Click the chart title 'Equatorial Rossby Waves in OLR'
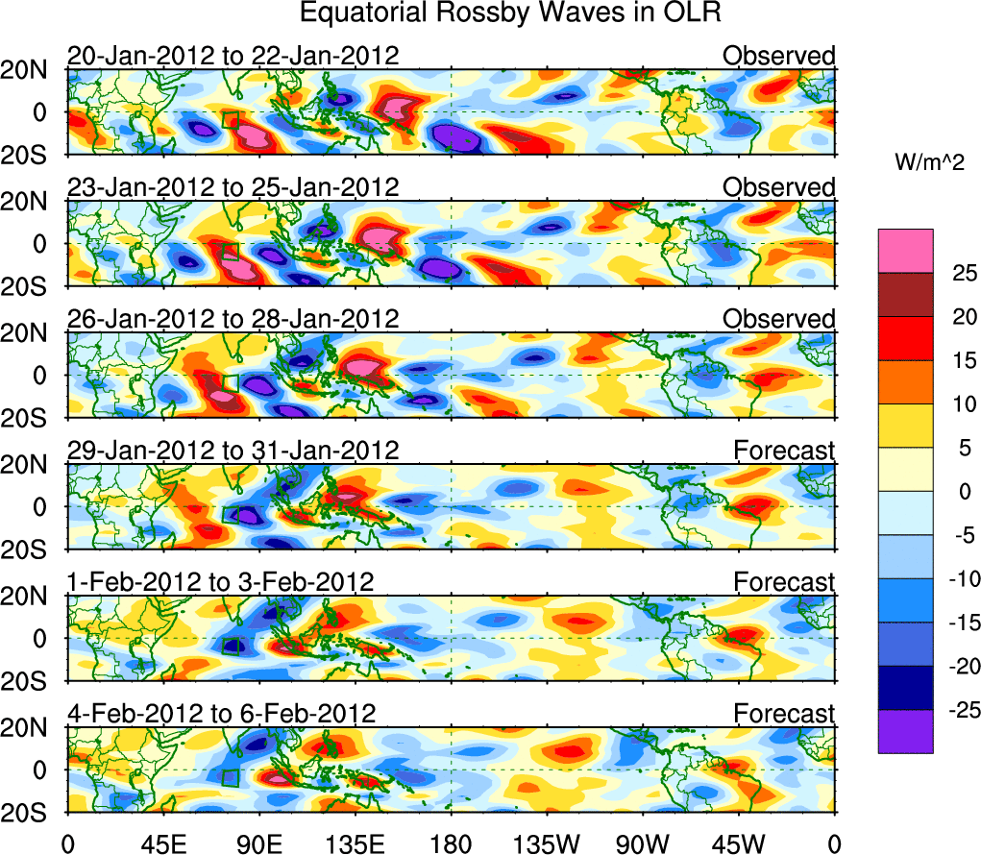(x=509, y=13)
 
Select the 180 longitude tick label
(x=451, y=843)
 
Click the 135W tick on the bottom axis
(x=546, y=843)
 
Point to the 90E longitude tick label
(x=258, y=843)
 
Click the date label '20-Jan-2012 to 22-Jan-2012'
(x=233, y=57)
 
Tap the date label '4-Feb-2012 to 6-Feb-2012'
(x=221, y=714)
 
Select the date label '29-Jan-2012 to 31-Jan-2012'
(x=233, y=451)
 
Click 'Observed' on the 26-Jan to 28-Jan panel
(x=779, y=319)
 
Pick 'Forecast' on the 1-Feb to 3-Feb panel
(x=785, y=582)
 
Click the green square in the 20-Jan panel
(x=231, y=120)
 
